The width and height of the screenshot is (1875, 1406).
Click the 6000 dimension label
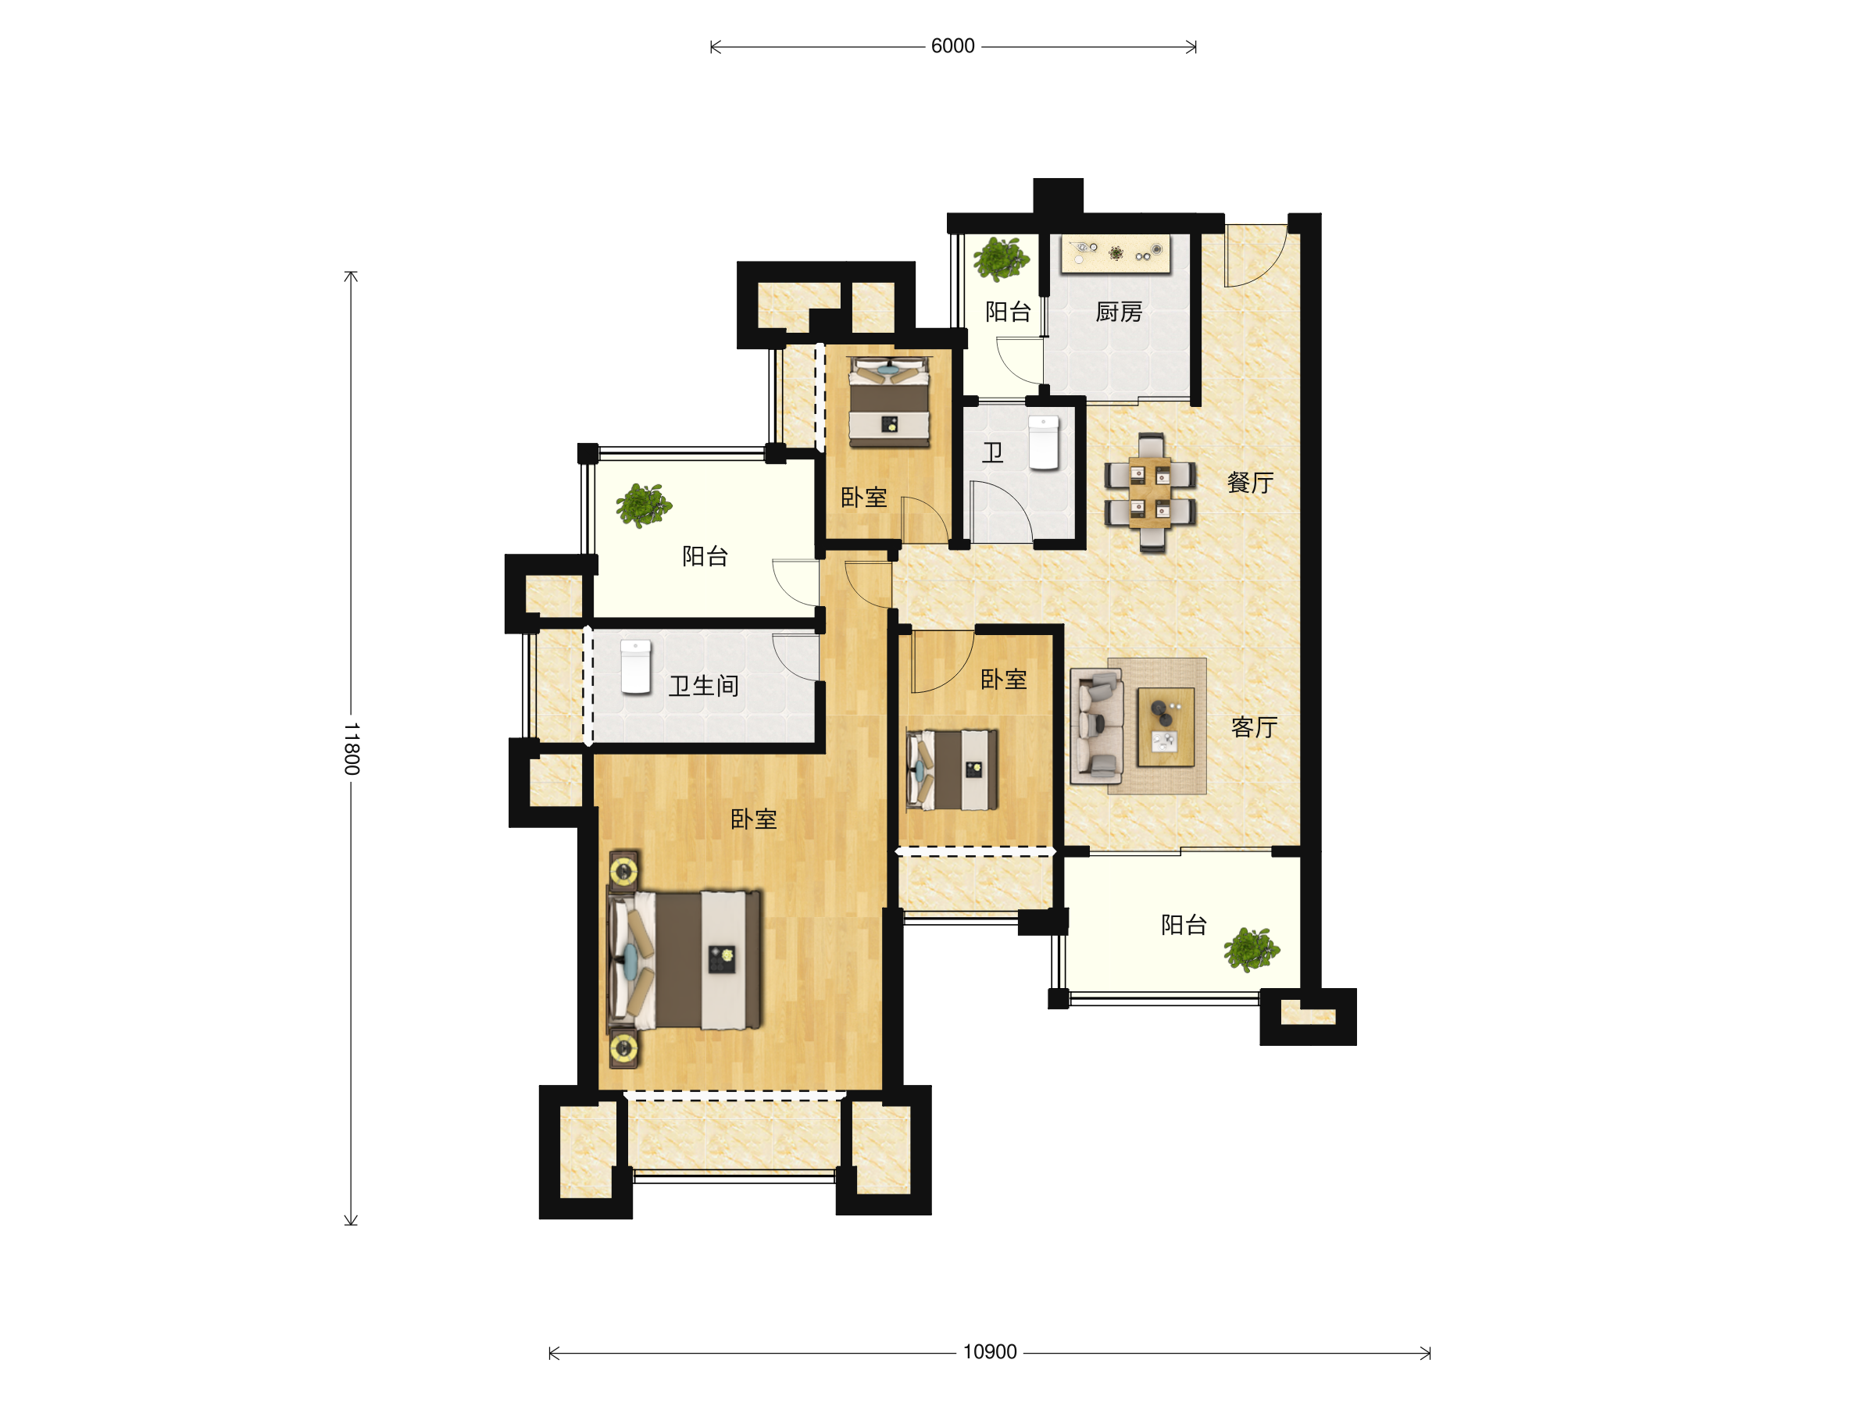953,46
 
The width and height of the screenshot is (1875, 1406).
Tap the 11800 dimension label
352,748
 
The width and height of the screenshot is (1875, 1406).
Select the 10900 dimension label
989,1352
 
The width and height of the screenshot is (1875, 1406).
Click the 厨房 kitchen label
1119,312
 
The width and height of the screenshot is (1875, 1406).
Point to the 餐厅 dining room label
1250,483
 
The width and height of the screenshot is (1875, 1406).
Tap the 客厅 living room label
1254,727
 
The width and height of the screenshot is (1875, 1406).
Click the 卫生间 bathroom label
704,686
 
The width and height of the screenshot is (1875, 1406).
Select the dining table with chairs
1150,492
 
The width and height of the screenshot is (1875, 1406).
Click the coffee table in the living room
1166,727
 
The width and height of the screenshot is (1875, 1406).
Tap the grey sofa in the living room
1097,726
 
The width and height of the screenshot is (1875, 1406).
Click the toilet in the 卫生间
636,667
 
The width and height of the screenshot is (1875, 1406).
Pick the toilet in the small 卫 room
1044,442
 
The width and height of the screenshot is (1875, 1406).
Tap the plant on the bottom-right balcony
1251,949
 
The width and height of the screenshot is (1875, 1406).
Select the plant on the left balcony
644,505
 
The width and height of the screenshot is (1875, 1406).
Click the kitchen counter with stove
1116,253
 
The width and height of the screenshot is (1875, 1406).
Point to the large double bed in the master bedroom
685,959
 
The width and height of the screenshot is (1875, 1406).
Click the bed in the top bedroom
889,401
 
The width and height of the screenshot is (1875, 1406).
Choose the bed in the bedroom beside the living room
952,769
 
